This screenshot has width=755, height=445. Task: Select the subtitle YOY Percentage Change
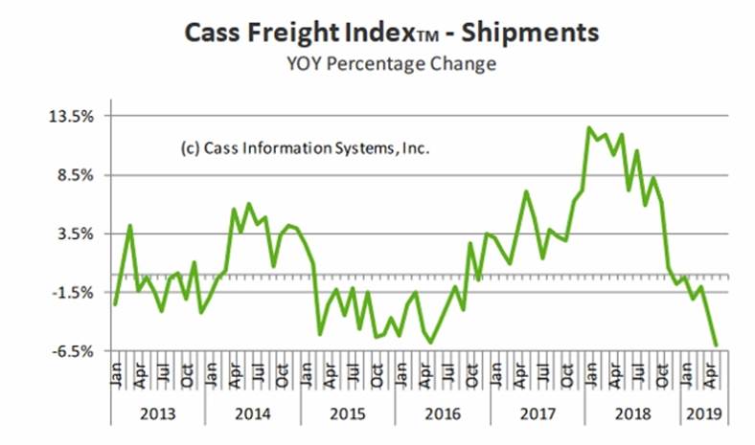377,64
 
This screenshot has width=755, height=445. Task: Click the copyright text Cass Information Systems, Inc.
306,149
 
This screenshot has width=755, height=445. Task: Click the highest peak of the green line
589,128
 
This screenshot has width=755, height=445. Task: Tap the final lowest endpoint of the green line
716,345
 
